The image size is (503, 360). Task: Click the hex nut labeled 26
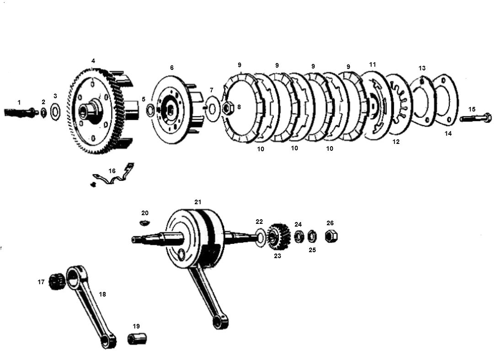[331, 236]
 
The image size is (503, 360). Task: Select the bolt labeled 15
[476, 118]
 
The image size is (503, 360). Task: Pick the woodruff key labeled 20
[145, 222]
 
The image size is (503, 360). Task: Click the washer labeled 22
[260, 238]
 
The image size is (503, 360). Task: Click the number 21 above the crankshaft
[198, 202]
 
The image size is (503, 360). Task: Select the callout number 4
[93, 60]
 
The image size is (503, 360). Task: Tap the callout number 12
[396, 142]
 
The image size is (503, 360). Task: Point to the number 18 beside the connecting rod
[102, 294]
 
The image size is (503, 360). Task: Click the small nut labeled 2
[43, 112]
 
